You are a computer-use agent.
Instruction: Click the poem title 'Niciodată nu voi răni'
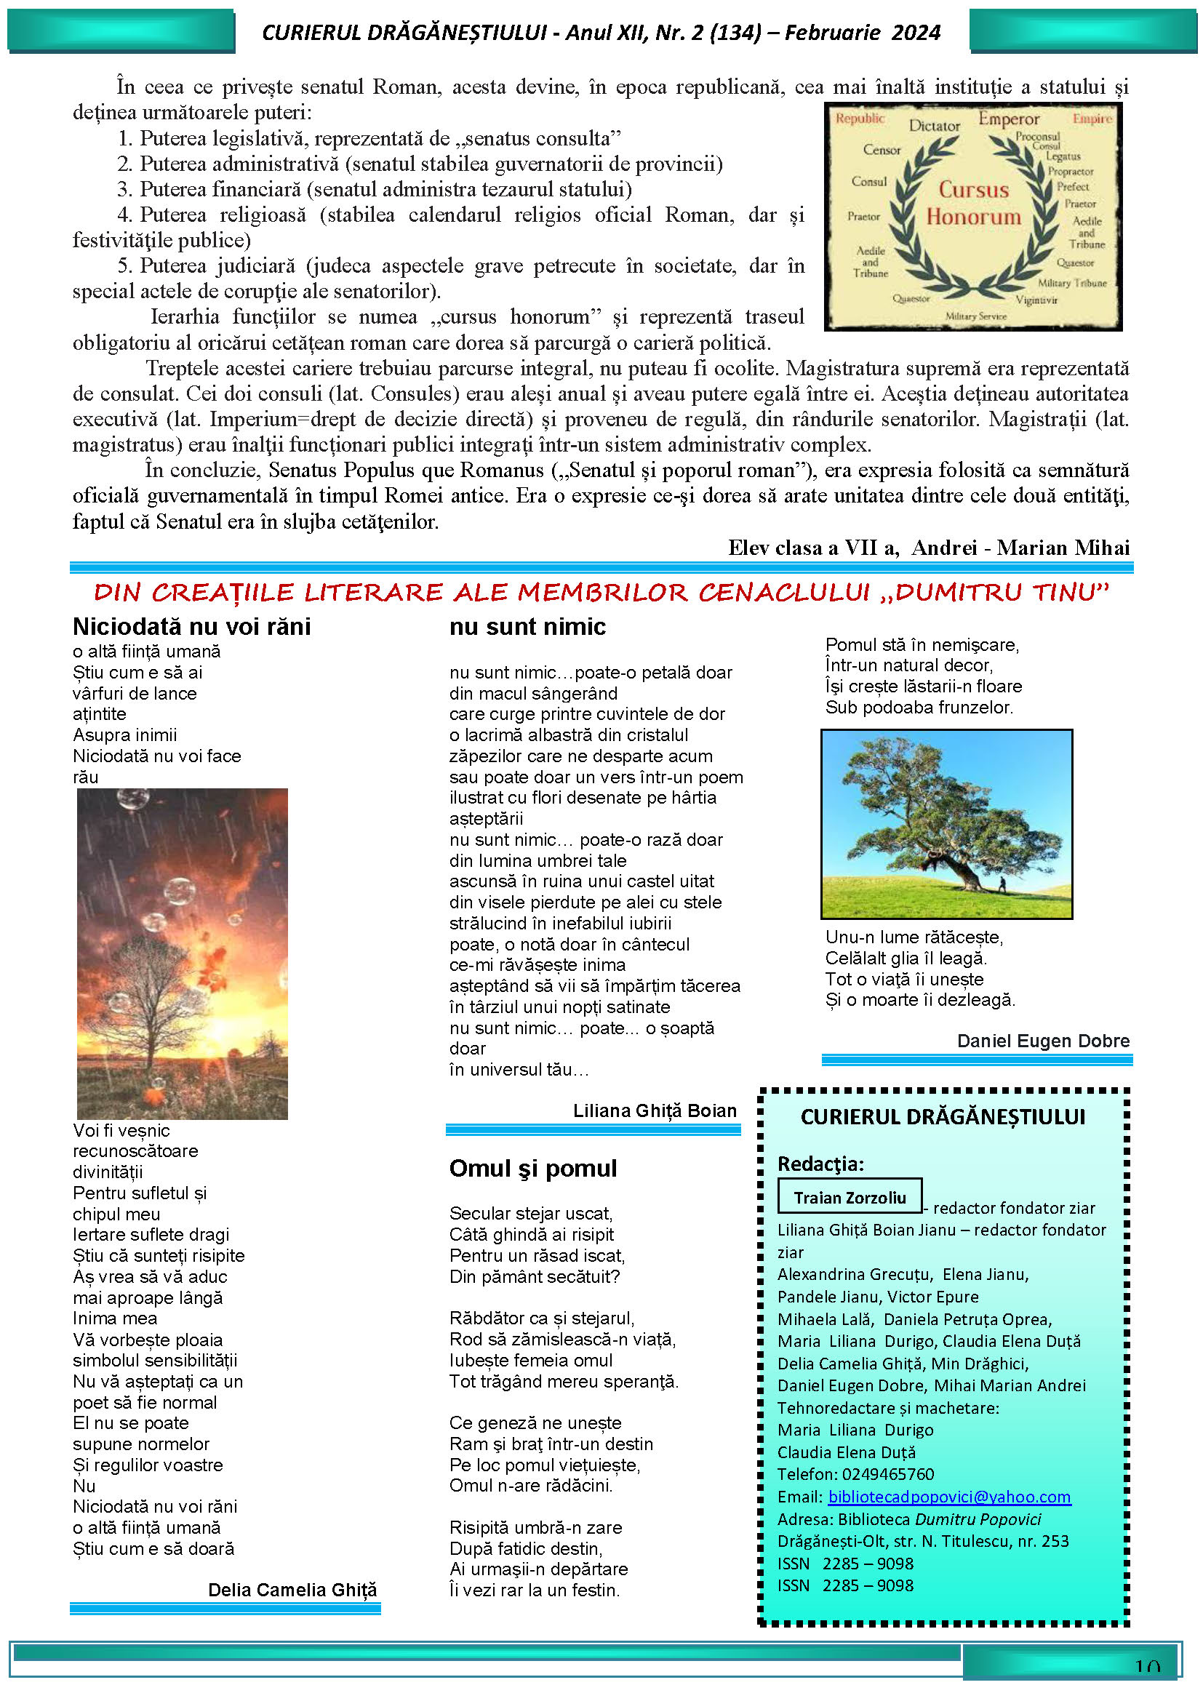[191, 627]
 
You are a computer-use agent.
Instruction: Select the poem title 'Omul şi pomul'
[532, 1169]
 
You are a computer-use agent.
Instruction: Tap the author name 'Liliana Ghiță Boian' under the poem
[655, 1110]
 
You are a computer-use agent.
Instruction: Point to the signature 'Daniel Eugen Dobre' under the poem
[1043, 1041]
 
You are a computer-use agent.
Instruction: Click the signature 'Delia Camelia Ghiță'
[292, 1590]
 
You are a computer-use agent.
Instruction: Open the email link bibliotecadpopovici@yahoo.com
[949, 1497]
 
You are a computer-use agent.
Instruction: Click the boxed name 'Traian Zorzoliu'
[850, 1198]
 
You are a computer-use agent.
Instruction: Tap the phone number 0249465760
[888, 1474]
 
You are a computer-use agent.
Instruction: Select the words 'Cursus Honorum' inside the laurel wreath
[973, 203]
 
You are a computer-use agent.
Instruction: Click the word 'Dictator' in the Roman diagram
[934, 126]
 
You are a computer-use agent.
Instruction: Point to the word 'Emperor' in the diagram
[1009, 119]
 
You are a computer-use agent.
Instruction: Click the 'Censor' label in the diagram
[882, 150]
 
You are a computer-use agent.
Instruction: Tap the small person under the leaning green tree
[1002, 884]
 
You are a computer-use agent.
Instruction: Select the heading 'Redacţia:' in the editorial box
[820, 1164]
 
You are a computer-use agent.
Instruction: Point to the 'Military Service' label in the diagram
[975, 316]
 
